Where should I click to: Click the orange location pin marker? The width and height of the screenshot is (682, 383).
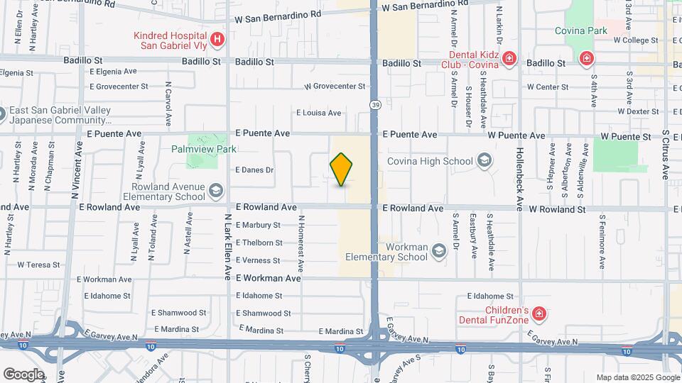342,170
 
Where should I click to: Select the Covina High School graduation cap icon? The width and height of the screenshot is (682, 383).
485,160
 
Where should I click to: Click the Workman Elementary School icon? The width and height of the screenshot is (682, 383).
439,250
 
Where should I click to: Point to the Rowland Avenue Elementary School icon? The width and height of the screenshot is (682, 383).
216,190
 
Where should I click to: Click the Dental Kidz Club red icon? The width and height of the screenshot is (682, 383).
509,58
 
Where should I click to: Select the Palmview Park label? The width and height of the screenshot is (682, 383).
203,150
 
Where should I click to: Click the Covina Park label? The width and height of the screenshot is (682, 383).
582,30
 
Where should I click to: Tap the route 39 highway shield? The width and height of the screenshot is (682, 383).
374,104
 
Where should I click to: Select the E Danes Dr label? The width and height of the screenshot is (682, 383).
254,170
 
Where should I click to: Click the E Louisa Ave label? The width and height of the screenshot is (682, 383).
318,113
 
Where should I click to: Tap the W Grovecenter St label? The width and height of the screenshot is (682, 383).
335,87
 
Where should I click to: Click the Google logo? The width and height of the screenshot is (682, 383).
23,374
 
